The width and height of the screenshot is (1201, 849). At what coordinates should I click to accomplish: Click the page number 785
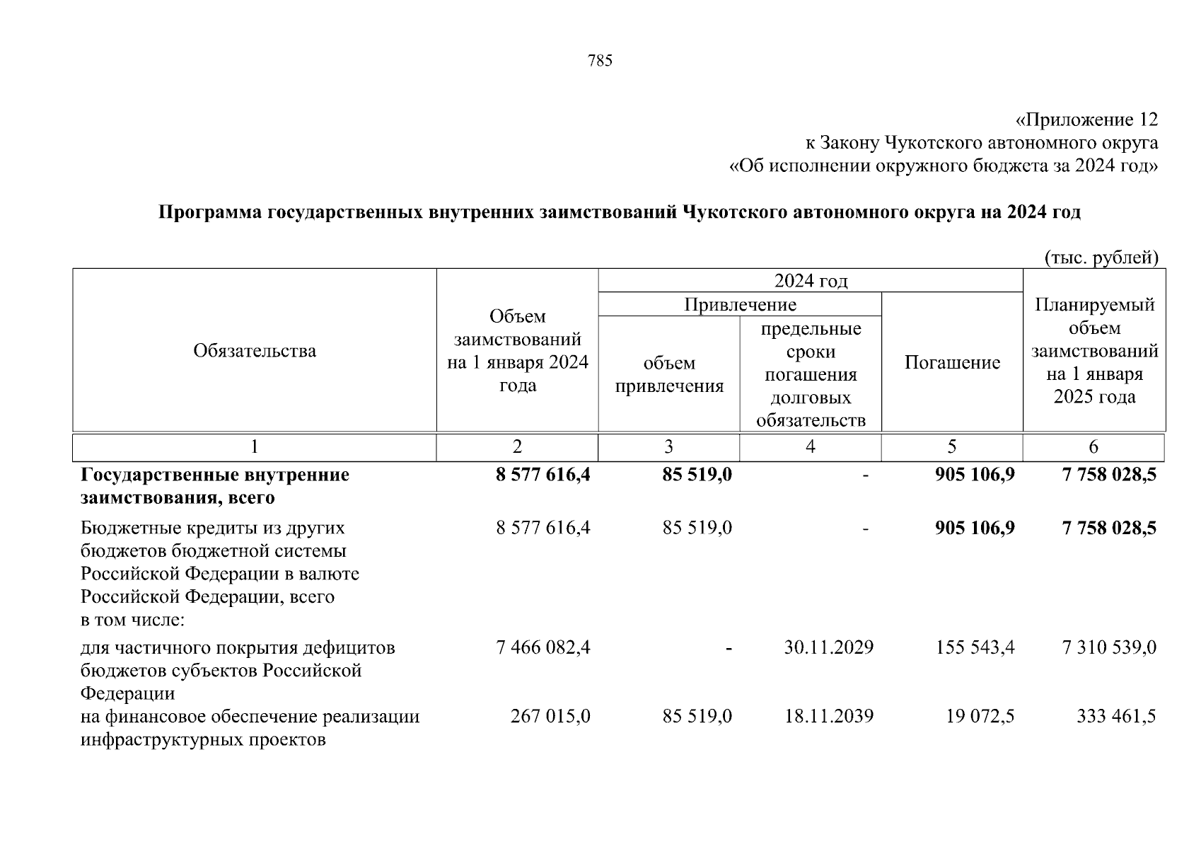600,61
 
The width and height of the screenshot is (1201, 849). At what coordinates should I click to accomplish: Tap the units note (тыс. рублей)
1101,258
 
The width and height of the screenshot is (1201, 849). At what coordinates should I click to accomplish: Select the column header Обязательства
255,351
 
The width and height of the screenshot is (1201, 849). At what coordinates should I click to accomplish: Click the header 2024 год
811,281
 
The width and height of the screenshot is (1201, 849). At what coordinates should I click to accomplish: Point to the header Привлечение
740,304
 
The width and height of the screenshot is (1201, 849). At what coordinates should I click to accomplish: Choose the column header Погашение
952,363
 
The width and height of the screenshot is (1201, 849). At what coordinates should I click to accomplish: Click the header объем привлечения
669,374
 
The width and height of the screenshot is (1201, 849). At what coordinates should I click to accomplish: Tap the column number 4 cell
811,447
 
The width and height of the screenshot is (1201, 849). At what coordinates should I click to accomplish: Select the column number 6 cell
1093,447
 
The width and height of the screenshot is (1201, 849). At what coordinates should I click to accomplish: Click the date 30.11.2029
828,647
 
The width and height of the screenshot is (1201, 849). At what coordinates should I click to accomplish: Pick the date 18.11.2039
828,716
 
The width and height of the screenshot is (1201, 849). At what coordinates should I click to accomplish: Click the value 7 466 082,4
543,647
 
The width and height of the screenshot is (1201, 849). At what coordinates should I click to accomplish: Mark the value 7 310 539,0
1109,647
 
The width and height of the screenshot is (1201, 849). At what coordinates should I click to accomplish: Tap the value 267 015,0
550,716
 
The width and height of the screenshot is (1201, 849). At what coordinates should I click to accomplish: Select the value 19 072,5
980,716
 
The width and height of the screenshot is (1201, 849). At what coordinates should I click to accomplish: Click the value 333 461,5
1116,716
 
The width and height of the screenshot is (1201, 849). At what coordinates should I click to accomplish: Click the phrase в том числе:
132,620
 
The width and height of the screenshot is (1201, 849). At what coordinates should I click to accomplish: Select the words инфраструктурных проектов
203,741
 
